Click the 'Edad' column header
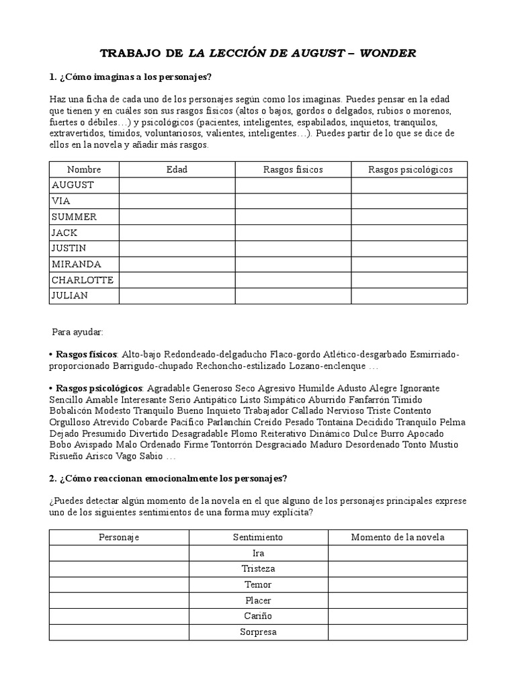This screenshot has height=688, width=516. pos(177,169)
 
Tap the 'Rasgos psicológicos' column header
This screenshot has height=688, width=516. pos(410,169)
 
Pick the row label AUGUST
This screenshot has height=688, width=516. pos(73,185)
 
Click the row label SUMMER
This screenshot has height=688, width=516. pos(74,216)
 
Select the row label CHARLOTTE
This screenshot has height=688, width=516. pos(82,279)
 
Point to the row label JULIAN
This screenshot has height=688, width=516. pos(70,296)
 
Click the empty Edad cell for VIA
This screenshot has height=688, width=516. pos(177,201)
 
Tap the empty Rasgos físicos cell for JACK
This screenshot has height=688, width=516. pos(293,232)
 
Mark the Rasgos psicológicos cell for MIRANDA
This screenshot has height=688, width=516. pos(410,264)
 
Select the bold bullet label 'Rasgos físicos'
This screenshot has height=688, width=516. pos(86,354)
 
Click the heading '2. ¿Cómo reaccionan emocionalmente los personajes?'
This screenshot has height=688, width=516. pos(168,478)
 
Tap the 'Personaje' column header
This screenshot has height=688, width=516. pos(119,537)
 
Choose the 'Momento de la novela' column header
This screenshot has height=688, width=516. pos(398,537)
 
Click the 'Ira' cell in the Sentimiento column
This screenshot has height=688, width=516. pos(258,553)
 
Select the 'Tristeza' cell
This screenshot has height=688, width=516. pos(258,568)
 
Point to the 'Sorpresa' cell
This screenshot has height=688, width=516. pos(258,632)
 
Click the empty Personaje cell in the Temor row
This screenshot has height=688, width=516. pos(119,585)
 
